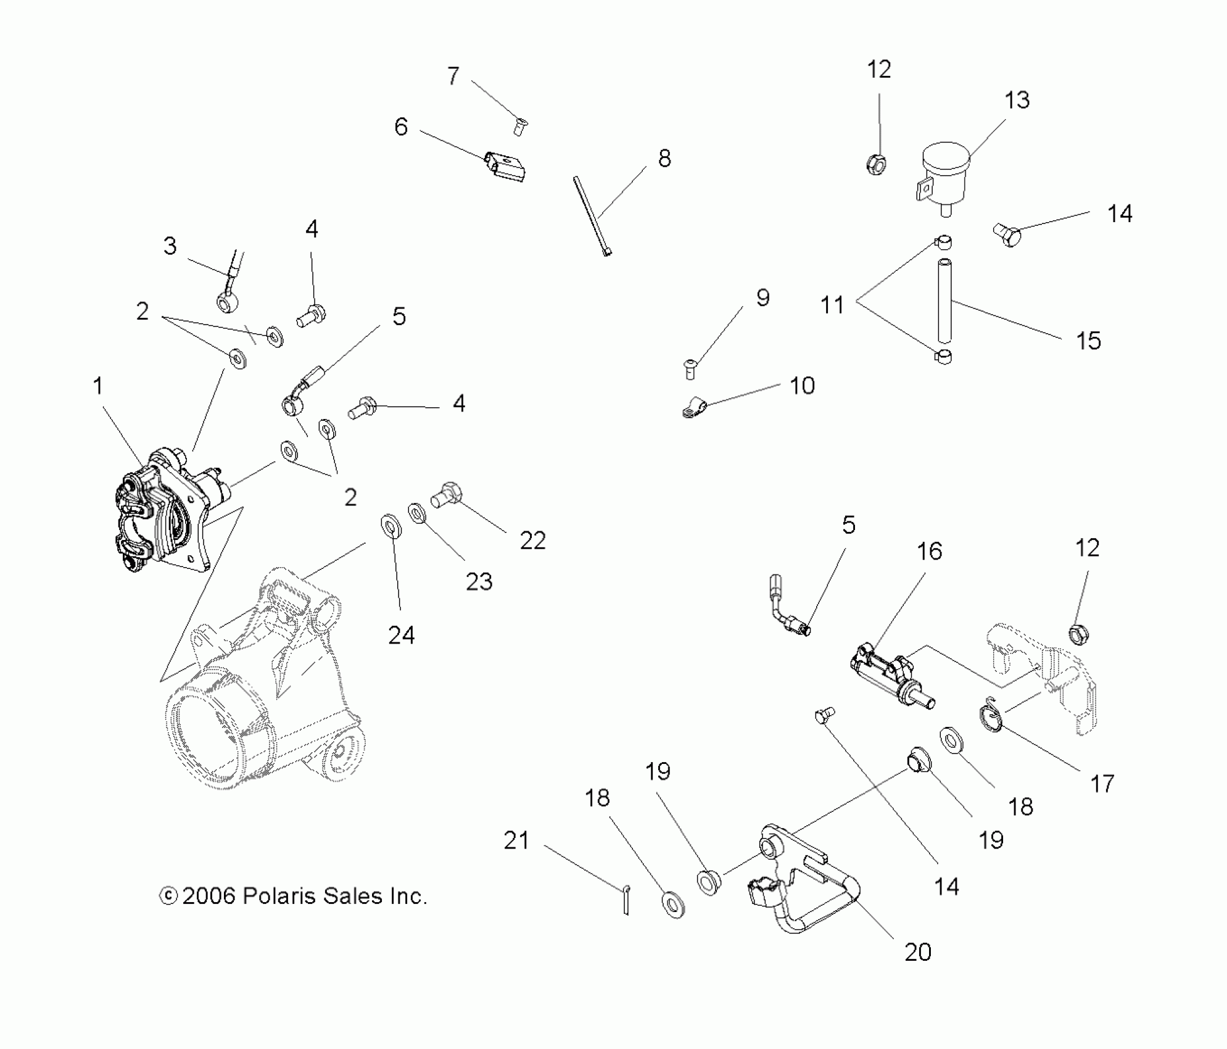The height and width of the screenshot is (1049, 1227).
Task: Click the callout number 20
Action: click(x=917, y=952)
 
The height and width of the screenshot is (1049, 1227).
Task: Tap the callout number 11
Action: click(x=832, y=304)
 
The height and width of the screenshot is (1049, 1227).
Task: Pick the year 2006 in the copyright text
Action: click(x=209, y=897)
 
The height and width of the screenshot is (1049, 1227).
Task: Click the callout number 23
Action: click(x=479, y=581)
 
